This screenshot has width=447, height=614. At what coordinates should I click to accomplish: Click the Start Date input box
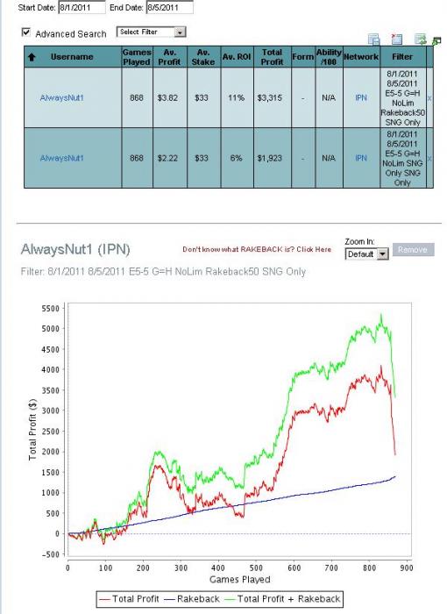coord(82,7)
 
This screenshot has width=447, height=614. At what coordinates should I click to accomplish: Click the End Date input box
coord(169,7)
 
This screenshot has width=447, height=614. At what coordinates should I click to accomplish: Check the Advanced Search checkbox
coord(25,32)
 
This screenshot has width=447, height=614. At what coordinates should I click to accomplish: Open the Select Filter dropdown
coord(151,32)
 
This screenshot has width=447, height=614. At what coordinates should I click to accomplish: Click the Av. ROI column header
coord(237,57)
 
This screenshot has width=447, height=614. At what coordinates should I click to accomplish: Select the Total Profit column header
coord(272,57)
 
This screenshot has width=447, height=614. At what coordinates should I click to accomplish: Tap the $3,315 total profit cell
coord(269,98)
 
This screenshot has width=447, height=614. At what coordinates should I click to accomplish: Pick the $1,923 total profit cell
coord(269,158)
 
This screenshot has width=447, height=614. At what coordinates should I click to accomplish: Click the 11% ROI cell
coord(236,98)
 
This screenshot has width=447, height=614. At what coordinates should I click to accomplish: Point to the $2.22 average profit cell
coord(167,158)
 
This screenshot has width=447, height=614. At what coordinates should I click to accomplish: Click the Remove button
coord(414,250)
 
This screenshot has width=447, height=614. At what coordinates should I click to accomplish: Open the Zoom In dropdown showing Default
coord(366,254)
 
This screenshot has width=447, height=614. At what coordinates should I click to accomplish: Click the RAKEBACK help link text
coord(257,249)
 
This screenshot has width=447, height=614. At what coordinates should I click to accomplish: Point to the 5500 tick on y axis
coord(51,309)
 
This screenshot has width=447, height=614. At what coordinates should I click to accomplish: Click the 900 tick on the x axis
coord(407,568)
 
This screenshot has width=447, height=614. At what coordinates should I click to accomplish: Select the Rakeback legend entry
coord(192,599)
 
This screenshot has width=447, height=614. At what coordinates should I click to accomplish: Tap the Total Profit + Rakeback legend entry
coord(283,599)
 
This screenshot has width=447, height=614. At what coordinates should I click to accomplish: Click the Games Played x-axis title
coord(240,580)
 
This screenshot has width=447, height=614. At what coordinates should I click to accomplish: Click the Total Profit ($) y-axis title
coord(32,429)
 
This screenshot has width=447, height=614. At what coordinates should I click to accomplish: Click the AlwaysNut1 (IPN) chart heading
coord(75,249)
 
